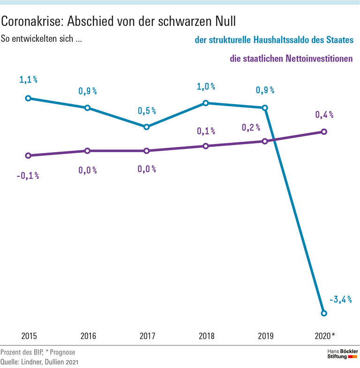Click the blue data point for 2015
[x=28, y=98]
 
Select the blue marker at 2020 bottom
[x=323, y=313]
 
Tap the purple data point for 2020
[x=323, y=132]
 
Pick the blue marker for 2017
[x=146, y=127]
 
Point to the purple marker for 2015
[x=28, y=155]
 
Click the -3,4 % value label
[x=341, y=299]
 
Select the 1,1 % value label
[x=28, y=80]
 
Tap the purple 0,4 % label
[x=324, y=115]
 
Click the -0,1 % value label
[x=28, y=176]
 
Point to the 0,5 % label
[x=147, y=111]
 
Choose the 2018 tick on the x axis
[x=206, y=336]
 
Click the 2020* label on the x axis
[x=325, y=336]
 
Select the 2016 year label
[x=88, y=336]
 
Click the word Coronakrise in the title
[x=32, y=21]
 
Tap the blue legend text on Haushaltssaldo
[x=274, y=41]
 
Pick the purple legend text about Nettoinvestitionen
[x=291, y=60]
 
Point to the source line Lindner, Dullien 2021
[x=38, y=361]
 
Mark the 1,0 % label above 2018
[x=206, y=87]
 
